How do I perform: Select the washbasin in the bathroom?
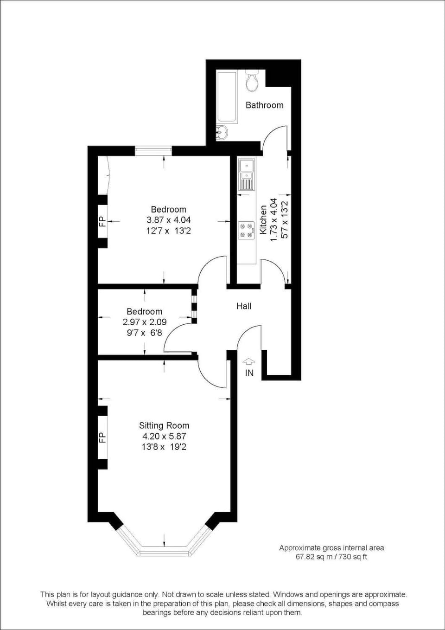tap(222, 132)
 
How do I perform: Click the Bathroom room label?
tap(264, 105)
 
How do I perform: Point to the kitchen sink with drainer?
tap(246, 174)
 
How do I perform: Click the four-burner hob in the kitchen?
tap(246, 231)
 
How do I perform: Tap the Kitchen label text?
tap(263, 219)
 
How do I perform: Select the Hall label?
tap(244, 306)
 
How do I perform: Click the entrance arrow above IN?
tap(249, 361)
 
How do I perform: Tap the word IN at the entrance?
tap(249, 373)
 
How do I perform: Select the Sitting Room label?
tap(164, 425)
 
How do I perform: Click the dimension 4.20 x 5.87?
tap(164, 436)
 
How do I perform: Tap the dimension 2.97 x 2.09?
tap(145, 322)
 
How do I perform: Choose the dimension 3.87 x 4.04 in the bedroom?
tap(169, 220)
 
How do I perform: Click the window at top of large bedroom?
tap(153, 151)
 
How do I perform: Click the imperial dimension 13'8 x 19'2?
tap(164, 447)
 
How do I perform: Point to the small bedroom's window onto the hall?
tap(194, 306)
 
